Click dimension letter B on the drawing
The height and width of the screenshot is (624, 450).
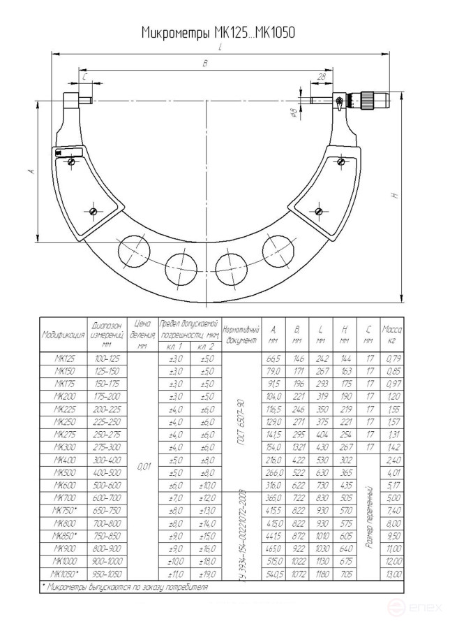coord(204,64)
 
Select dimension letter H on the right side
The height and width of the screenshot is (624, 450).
coord(395,196)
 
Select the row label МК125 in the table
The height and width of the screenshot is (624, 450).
coord(63,358)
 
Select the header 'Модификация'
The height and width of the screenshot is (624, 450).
coord(63,335)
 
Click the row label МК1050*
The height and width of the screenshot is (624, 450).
coord(63,574)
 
